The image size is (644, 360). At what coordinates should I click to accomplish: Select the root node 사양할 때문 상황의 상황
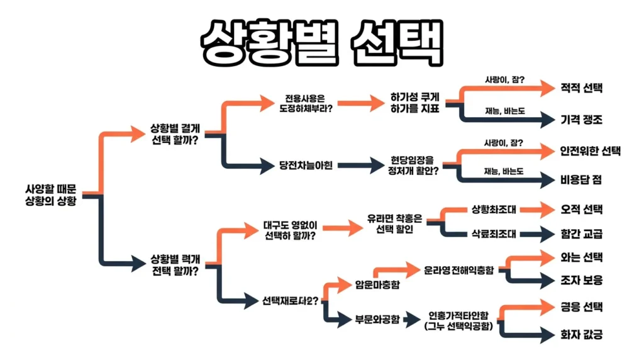click(50, 194)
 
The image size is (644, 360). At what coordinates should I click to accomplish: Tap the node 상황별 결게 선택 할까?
click(175, 133)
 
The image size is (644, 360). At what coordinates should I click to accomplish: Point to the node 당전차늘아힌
click(306, 166)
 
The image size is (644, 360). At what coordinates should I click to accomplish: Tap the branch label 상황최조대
click(494, 209)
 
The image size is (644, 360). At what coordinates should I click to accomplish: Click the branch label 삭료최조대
click(494, 234)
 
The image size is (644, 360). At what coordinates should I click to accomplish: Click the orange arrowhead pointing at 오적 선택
click(543, 209)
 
